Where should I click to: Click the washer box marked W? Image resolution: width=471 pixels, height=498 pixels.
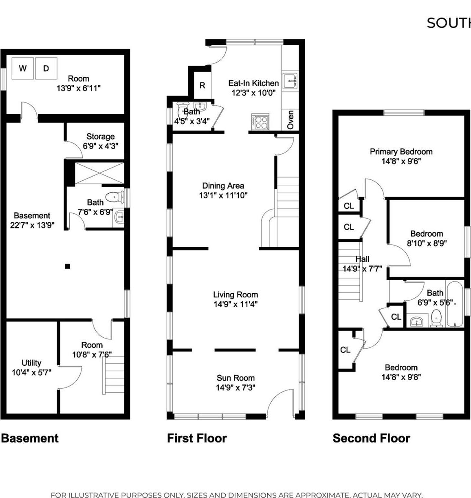22,68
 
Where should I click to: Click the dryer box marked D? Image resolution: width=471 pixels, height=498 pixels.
46,68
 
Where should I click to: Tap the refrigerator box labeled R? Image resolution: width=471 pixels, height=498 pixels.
202,85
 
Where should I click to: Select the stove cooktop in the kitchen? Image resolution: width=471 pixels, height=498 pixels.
260,122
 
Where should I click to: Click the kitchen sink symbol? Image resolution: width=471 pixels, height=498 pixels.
291,81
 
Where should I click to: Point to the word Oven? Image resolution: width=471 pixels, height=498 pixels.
291,120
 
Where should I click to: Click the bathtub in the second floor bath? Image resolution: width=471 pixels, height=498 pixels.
455,304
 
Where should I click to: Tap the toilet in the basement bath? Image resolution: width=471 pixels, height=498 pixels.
115,197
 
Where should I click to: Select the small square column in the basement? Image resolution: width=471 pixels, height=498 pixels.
68,266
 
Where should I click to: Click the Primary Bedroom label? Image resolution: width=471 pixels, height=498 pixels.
401,151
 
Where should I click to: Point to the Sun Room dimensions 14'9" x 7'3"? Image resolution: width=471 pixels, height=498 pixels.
236,387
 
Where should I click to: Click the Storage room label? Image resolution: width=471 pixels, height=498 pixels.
100,136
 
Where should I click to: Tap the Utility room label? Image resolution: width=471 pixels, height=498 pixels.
31,363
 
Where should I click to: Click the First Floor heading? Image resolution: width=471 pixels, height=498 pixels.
197,438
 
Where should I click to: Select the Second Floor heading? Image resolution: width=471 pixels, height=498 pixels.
371,438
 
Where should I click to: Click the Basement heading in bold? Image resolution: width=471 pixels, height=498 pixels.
30,438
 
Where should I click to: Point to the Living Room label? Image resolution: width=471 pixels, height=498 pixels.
236,294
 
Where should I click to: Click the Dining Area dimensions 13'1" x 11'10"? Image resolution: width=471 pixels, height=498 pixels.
223,195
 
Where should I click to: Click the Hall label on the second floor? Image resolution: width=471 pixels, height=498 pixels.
362,259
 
